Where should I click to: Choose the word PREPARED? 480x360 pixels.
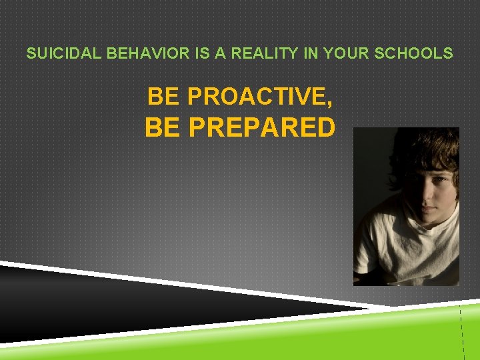click(x=261, y=127)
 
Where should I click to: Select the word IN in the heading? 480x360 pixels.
click(x=310, y=53)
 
